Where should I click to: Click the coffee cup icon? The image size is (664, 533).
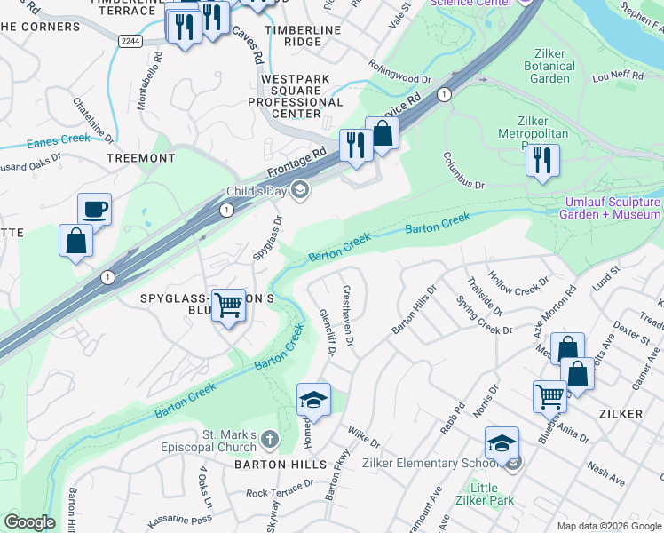click(x=94, y=210)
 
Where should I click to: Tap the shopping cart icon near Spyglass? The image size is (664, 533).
click(x=229, y=306)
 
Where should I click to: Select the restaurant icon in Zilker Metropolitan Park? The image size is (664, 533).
click(x=541, y=160)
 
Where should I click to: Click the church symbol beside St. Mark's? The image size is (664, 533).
click(x=269, y=439)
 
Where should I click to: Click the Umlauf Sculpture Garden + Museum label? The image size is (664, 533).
click(x=613, y=208)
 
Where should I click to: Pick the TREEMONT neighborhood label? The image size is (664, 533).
click(x=140, y=157)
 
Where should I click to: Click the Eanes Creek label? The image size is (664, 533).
click(x=59, y=139)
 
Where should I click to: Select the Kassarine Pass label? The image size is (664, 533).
click(x=178, y=516)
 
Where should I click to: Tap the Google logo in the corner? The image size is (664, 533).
click(x=29, y=522)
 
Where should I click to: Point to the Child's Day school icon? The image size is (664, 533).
click(x=300, y=188)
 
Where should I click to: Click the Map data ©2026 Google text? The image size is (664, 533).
click(x=608, y=526)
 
